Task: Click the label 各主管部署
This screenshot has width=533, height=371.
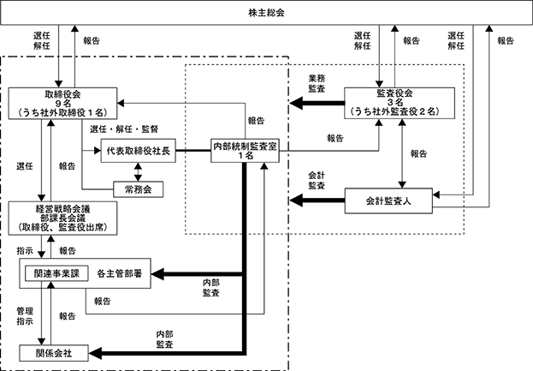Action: coord(119,273)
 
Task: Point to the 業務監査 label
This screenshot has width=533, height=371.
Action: coord(317,83)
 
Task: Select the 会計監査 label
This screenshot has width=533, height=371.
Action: coord(317,181)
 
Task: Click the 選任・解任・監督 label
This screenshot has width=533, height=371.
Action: coord(124,129)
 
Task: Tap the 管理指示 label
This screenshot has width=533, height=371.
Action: coord(25,316)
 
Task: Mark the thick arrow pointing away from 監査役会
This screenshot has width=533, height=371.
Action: coord(317,103)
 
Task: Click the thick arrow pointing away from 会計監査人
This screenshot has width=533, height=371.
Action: coord(317,200)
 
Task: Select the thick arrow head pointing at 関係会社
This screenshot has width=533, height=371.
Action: coord(96,353)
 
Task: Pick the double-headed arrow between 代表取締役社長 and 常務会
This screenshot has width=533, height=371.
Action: coord(138,172)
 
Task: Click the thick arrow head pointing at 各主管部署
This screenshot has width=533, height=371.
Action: coord(157,274)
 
